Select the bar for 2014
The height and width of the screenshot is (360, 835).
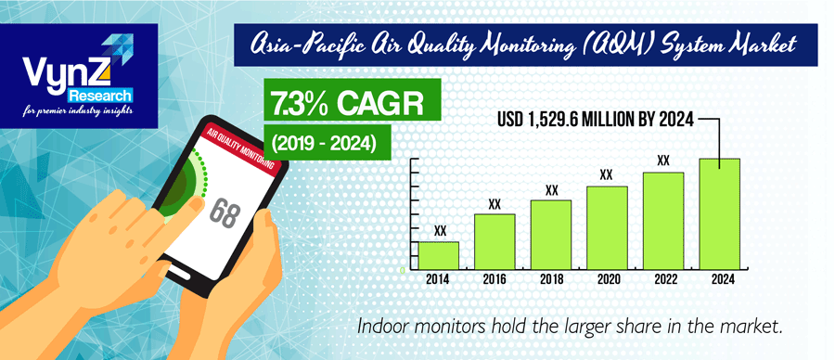pos(439,256)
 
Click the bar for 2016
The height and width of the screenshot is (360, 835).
pos(495,242)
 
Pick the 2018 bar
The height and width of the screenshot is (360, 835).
pos(550,235)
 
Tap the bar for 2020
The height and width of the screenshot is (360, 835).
pos(607,228)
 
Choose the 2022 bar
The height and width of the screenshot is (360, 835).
pos(662,221)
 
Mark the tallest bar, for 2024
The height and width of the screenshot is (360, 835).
pos(719,214)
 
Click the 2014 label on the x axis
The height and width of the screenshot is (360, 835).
pos(439,278)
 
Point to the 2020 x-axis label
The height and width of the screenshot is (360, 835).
pos(607,278)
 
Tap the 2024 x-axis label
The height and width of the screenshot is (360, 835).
pos(719,278)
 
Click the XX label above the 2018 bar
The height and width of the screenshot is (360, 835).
pos(551,190)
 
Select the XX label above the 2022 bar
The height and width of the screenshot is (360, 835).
pos(662,161)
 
